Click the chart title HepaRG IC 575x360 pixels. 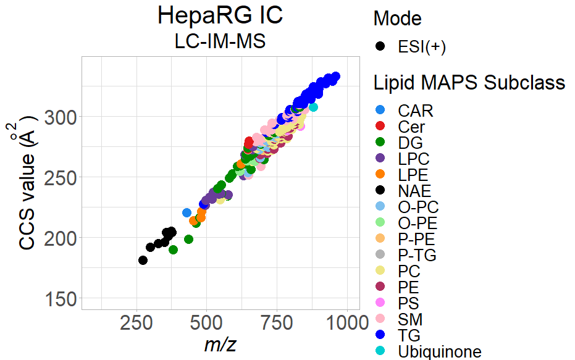pos(220,15)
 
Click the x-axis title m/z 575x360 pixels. pos(220,345)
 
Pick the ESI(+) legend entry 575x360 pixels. pos(422,47)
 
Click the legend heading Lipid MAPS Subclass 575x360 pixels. pos(469,83)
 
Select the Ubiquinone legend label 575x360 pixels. pos(440,352)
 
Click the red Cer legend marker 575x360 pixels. pos(380,127)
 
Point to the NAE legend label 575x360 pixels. pos(415,191)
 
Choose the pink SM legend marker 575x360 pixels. pos(380,319)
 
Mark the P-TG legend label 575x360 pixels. pos(417,255)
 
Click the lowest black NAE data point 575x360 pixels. pos(143,260)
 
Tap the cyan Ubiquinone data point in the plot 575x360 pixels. pos(313,107)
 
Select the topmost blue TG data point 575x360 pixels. pos(335,77)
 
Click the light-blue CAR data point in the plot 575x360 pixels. pos(187,212)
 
